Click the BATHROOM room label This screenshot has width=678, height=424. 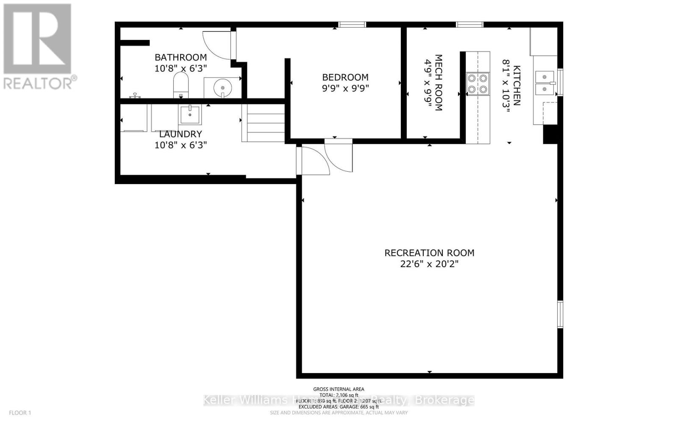click(181, 57)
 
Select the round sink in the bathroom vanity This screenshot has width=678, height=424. click(222, 88)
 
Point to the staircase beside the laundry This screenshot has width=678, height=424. click(263, 123)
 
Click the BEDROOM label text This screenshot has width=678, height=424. click(345, 77)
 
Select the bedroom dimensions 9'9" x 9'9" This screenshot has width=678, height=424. click(345, 89)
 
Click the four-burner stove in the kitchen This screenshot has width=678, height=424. click(478, 84)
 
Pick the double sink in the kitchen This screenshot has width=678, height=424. click(545, 83)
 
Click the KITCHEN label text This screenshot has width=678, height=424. click(517, 85)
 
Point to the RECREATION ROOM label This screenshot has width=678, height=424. click(429, 253)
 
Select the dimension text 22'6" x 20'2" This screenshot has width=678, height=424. click(429, 264)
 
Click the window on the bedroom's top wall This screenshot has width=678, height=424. click(352, 25)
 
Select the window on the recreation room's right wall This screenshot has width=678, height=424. click(560, 314)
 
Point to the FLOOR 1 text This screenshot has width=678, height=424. click(20, 413)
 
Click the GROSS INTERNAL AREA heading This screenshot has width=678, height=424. click(339, 389)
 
